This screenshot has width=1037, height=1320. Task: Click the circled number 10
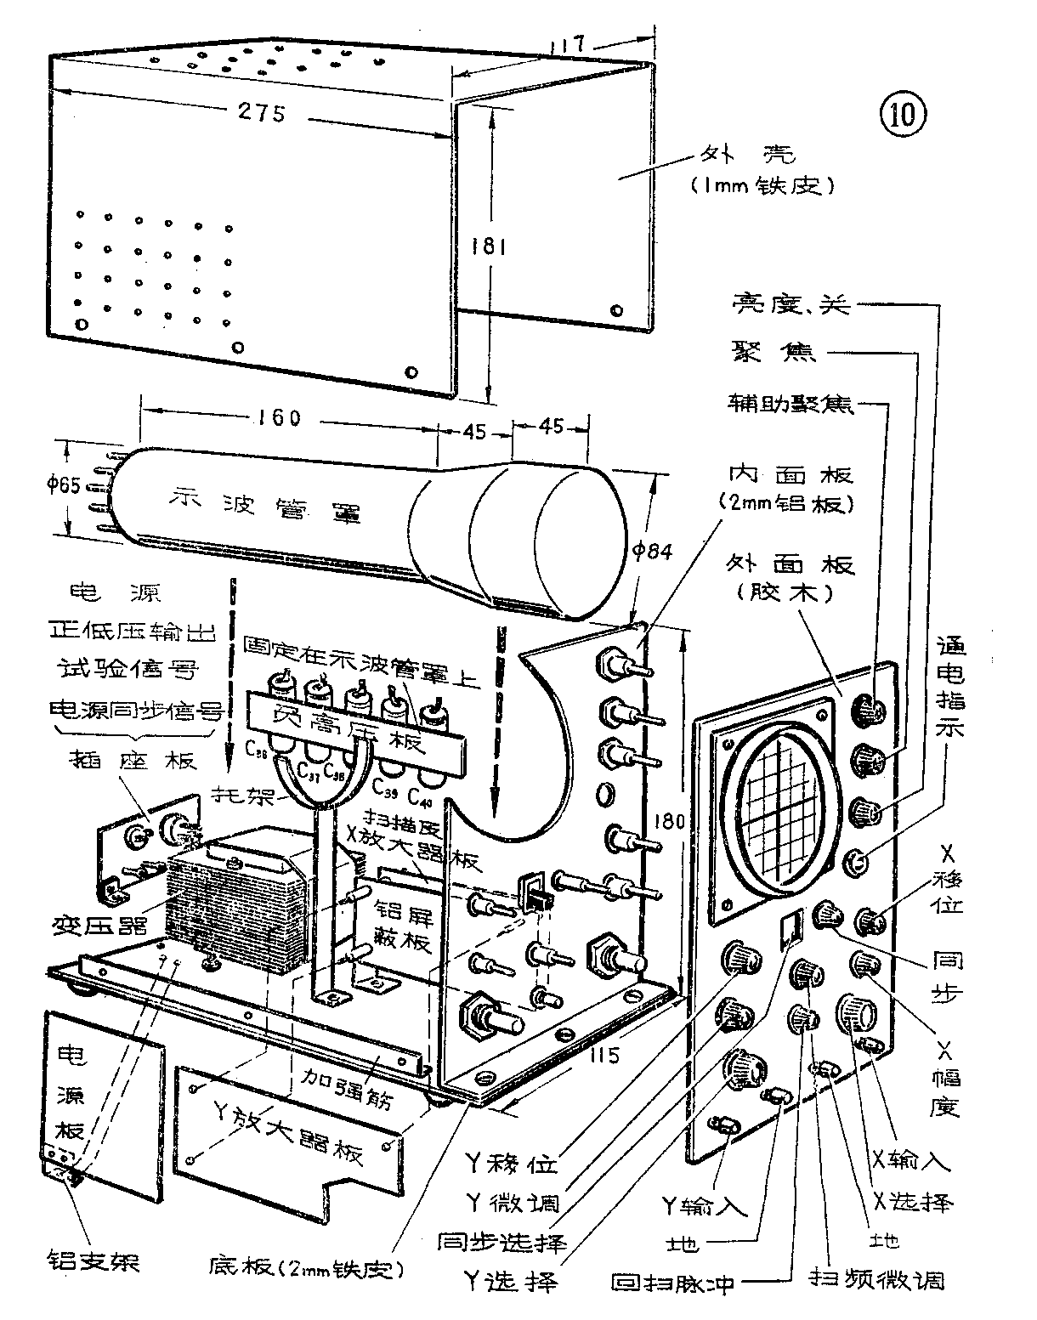pos(902,114)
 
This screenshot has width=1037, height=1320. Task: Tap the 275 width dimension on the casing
pos(260,112)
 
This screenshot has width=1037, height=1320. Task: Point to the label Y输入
pos(704,1205)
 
